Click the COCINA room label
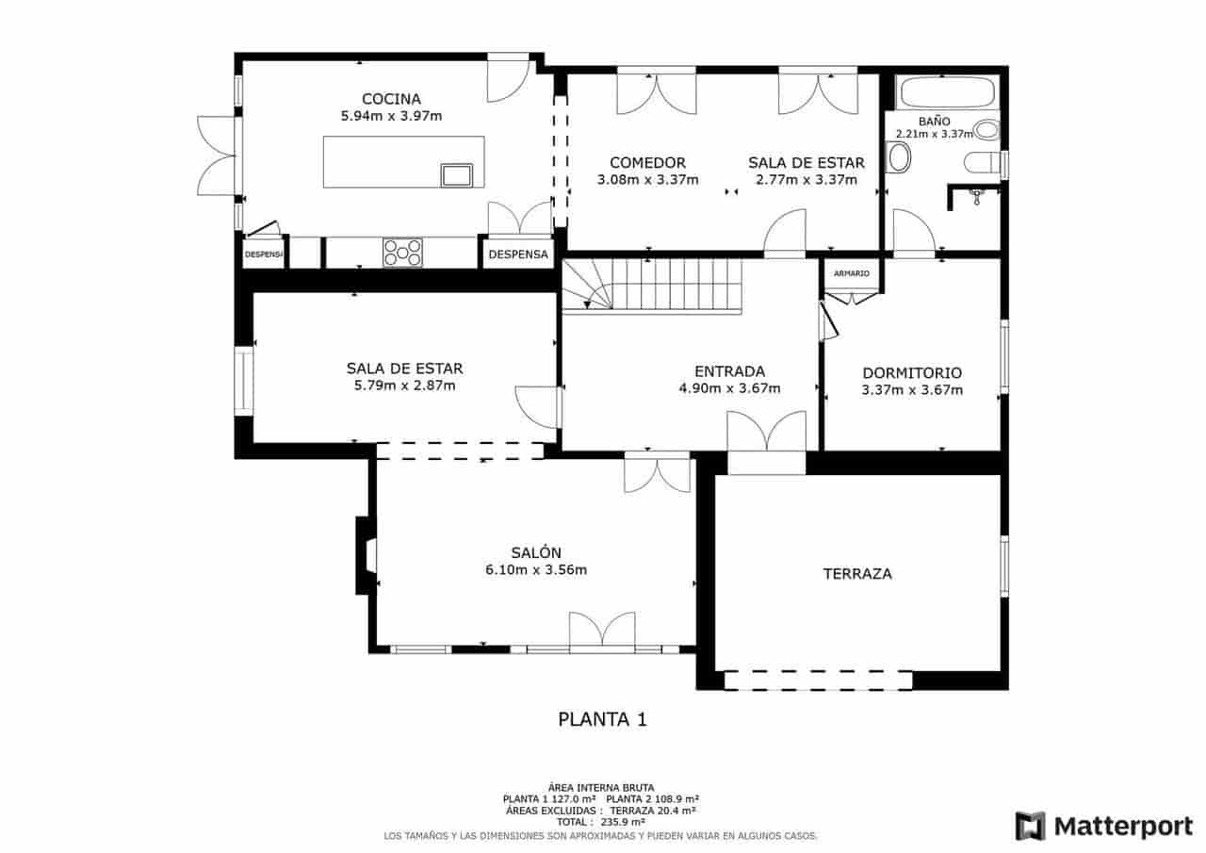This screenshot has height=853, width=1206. coord(391,99)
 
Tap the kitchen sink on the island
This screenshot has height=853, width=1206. coord(457,174)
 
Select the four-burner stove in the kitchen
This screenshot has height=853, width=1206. coord(402,253)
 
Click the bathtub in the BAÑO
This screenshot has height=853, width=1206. coord(947,93)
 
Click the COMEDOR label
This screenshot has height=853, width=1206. coord(647,162)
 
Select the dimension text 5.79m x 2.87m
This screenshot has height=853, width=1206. coord(404,385)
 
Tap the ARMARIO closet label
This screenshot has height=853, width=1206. coord(853,273)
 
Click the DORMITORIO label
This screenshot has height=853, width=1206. coord(911,372)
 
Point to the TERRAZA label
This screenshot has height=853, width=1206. coord(856,573)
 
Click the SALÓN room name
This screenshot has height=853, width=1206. coord(536,553)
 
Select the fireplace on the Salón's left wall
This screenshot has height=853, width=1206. coord(366,556)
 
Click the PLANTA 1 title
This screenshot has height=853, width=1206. coord(603,720)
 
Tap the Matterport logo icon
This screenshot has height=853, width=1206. coord(1030,827)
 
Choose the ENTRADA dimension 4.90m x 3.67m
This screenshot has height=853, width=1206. coord(729,388)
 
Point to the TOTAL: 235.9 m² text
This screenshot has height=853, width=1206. coord(603,822)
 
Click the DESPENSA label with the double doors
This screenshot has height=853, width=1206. coord(517,254)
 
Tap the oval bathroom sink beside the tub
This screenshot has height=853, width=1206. coord(900,157)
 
